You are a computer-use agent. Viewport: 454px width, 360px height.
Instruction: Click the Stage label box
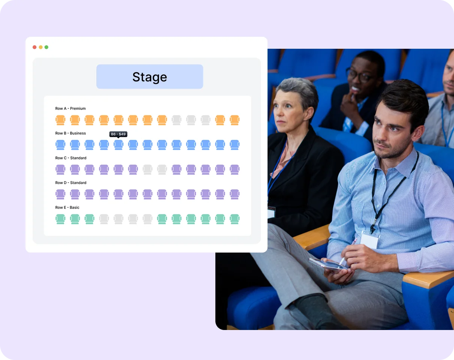coord(150,77)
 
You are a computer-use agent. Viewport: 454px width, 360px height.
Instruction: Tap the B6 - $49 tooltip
coord(118,134)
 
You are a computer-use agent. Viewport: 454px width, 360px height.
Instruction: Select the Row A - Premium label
coord(71,109)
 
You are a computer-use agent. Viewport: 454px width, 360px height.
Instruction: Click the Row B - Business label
coord(71,133)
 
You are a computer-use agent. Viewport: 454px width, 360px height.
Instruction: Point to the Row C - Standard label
coord(71,158)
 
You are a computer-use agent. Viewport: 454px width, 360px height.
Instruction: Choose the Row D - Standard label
coord(71,183)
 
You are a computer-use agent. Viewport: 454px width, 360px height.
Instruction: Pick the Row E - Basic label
coord(68,208)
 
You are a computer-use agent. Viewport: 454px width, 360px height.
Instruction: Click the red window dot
coord(35,47)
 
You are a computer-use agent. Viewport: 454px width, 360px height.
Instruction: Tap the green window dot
coord(47,47)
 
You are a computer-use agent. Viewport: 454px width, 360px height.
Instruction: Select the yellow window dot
coord(41,47)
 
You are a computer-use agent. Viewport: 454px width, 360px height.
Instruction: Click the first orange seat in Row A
coord(60,120)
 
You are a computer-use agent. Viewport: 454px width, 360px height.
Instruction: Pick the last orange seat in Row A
coord(235,120)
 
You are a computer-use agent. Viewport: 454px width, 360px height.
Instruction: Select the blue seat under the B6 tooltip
coord(118,145)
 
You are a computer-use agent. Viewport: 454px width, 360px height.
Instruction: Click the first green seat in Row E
coord(60,219)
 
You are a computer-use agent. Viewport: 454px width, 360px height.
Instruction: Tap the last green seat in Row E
coord(235,219)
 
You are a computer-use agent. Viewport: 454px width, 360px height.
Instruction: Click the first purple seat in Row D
coord(60,194)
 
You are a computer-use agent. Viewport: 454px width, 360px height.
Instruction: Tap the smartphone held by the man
coord(326,264)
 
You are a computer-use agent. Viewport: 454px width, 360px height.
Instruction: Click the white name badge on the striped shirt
coord(370,239)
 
